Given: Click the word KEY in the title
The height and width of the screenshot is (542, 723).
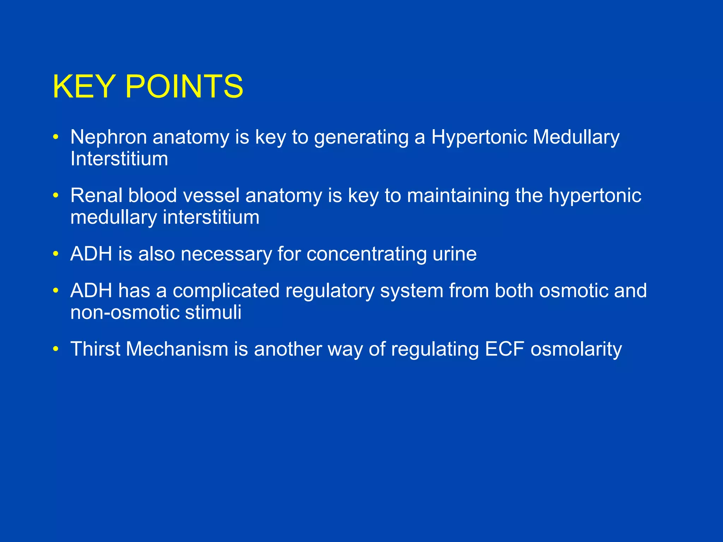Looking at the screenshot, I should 84,86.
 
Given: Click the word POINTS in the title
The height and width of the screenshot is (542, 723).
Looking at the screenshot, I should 184,86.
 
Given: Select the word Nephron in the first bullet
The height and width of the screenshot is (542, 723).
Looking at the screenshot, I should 108,137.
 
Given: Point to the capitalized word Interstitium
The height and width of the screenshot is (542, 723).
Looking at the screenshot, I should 119,159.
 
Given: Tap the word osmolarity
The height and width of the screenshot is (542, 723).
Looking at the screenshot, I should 576,349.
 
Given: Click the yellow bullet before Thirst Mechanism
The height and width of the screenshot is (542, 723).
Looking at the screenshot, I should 55,349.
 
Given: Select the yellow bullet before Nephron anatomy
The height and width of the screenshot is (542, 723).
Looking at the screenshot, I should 55,137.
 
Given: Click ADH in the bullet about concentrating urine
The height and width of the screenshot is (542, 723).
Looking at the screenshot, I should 91,254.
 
